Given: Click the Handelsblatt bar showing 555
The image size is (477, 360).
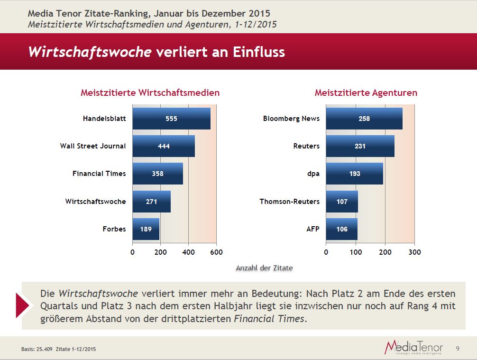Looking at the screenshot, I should (x=171, y=119).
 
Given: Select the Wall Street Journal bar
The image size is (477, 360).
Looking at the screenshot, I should (x=164, y=146).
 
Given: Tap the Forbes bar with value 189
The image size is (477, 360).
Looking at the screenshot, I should (x=146, y=229).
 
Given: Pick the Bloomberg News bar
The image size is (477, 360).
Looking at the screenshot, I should (x=364, y=119).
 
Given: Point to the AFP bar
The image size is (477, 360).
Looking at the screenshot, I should (x=342, y=229).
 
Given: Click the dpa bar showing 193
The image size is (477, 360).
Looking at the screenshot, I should (x=355, y=174).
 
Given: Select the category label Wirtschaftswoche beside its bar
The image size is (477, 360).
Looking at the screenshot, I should (x=96, y=202).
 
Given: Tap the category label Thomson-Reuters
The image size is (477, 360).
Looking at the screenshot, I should (x=289, y=202).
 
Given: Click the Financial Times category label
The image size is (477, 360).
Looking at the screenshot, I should (x=99, y=174).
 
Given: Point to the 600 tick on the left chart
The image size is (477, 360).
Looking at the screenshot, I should (x=216, y=252).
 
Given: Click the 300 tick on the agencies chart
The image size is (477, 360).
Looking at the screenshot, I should (x=414, y=252).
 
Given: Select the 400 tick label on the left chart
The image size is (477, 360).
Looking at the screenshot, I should (x=188, y=252).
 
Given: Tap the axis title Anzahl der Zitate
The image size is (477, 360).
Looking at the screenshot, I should (x=264, y=268).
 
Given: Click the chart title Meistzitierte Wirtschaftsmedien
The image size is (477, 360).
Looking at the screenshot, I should (x=150, y=93).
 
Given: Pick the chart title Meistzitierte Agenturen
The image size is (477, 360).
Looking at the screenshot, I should (x=366, y=93).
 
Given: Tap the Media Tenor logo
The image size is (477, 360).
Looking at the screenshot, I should (x=413, y=347).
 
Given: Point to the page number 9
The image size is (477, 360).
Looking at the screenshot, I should (x=458, y=349).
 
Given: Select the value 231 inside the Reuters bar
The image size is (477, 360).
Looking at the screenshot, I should (x=360, y=146).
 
